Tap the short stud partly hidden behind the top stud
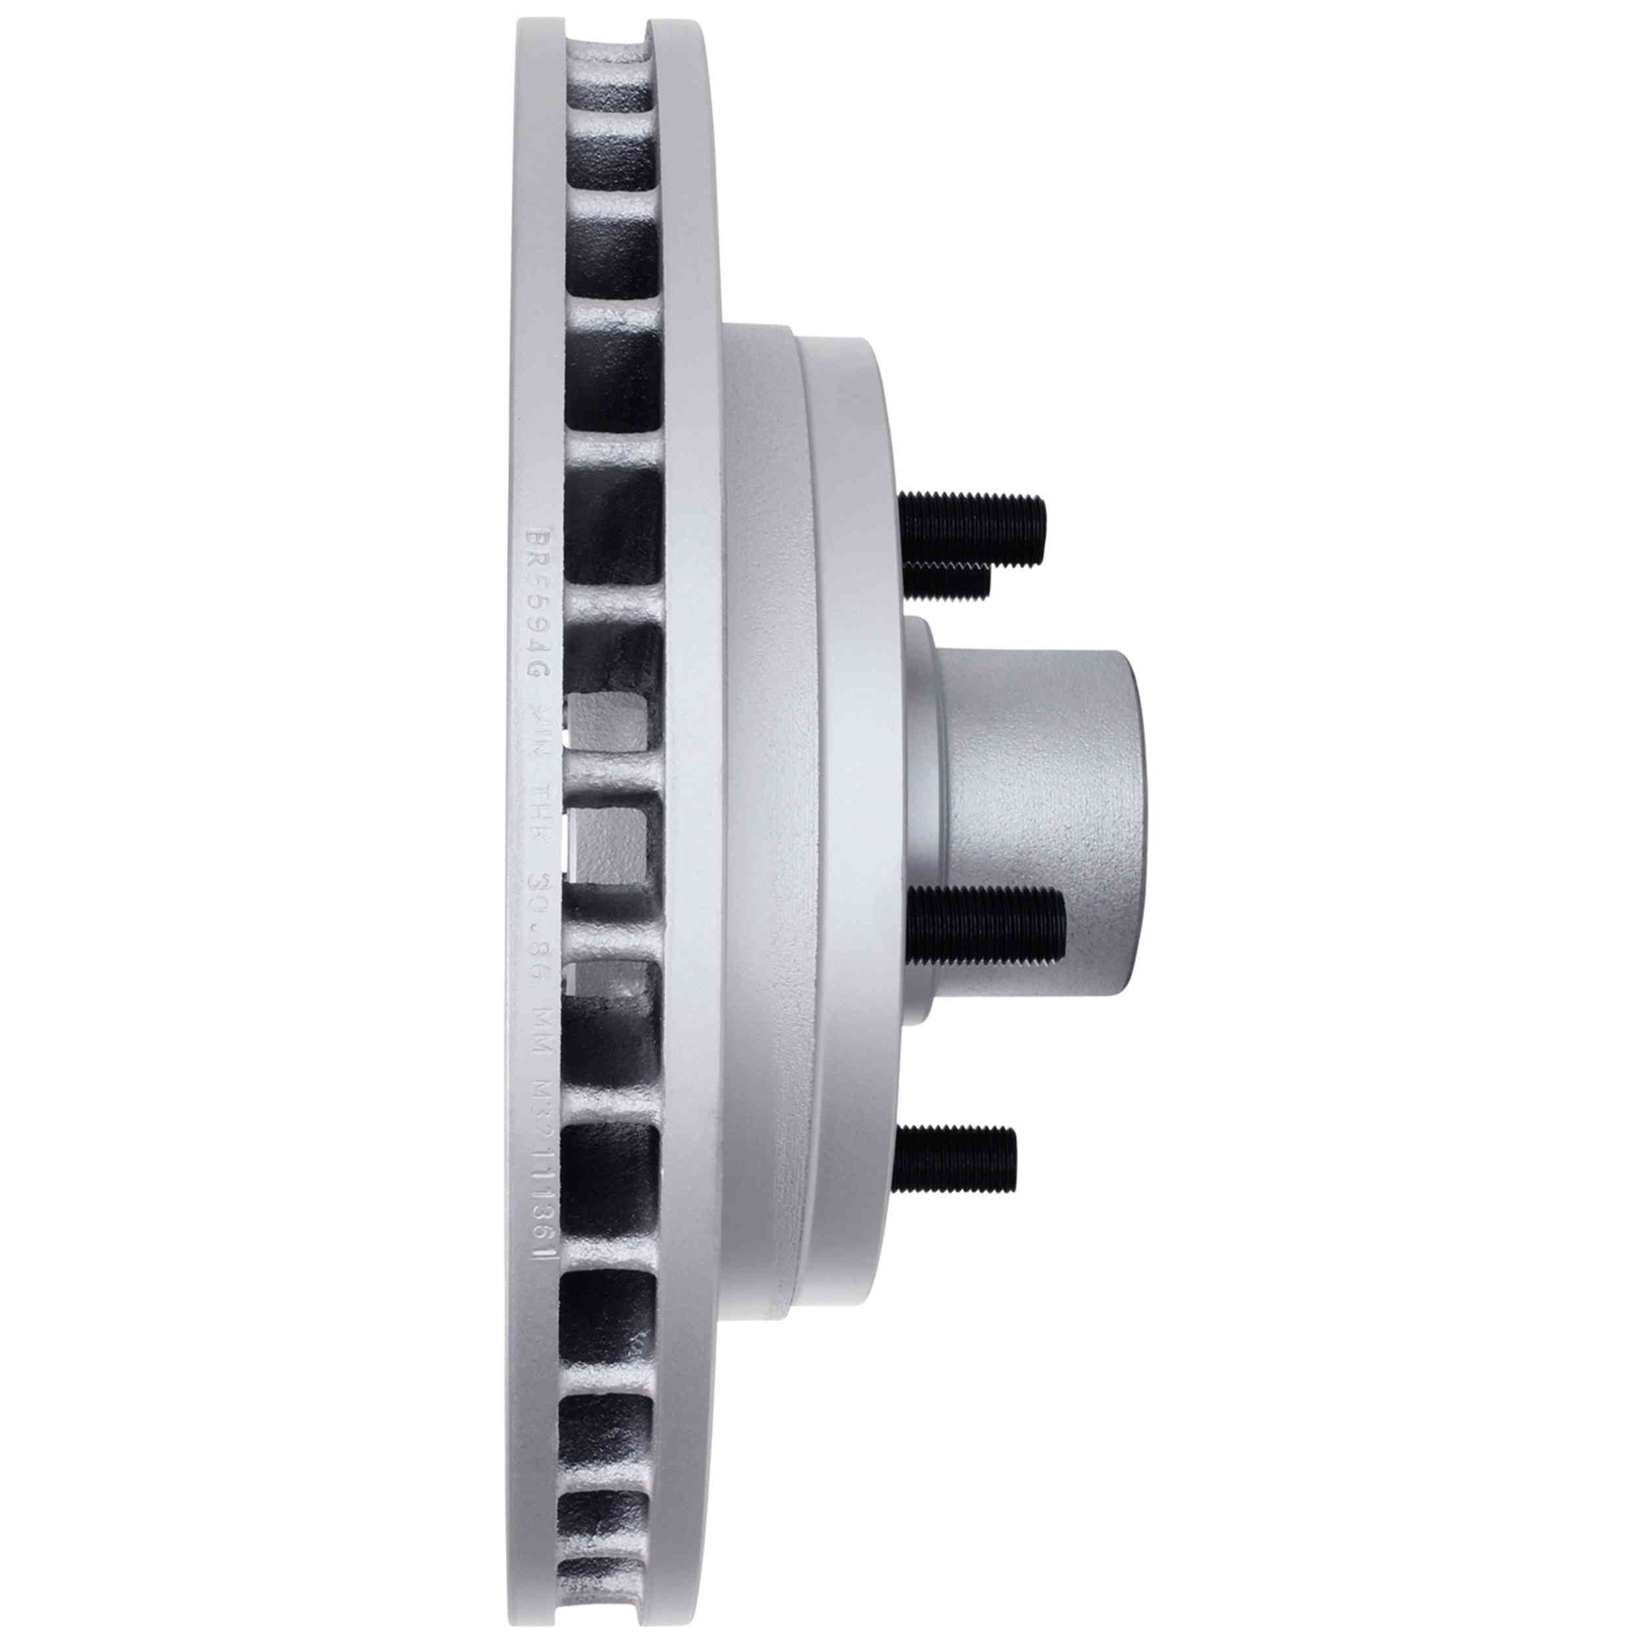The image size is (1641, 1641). coord(947,580)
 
